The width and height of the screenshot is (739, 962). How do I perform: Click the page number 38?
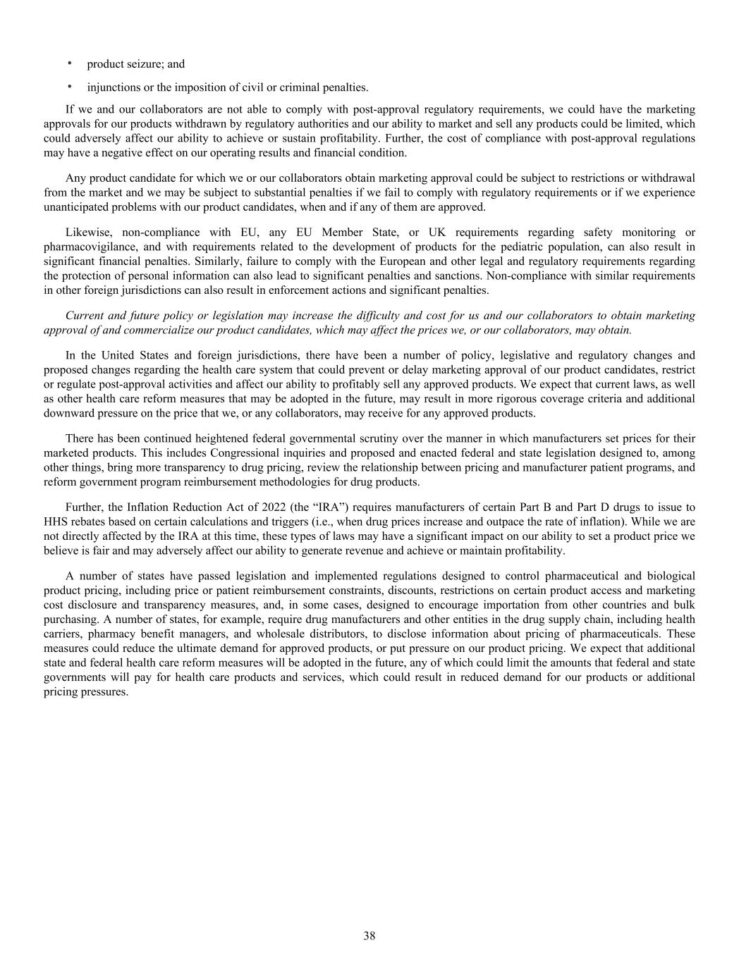(369, 936)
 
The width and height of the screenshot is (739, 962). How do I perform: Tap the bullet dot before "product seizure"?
(70, 63)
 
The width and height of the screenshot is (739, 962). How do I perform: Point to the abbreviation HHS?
(55, 522)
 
